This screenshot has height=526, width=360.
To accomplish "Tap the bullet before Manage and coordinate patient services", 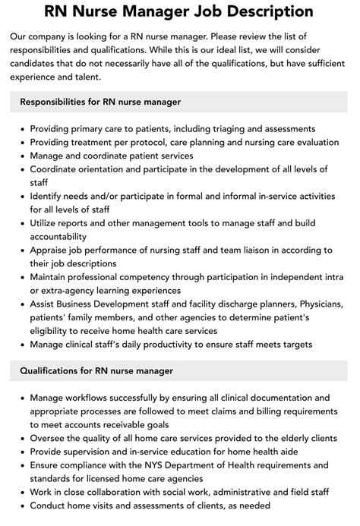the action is [21, 156].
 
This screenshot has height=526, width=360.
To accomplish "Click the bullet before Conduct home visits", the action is [21, 505].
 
